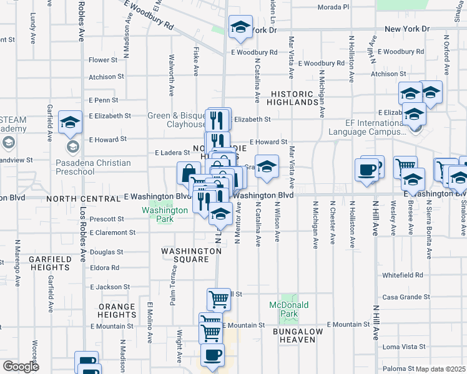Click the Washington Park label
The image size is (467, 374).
(x=164, y=215)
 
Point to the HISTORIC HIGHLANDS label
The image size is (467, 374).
(x=295, y=97)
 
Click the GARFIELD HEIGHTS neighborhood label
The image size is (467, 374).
(x=50, y=263)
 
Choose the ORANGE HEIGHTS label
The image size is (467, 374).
(x=116, y=310)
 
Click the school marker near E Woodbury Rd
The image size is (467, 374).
(x=240, y=27)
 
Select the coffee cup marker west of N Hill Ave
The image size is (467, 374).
(x=366, y=170)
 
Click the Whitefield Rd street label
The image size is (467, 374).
(x=403, y=275)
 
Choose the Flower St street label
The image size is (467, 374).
(x=103, y=60)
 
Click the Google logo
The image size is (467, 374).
(x=21, y=367)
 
